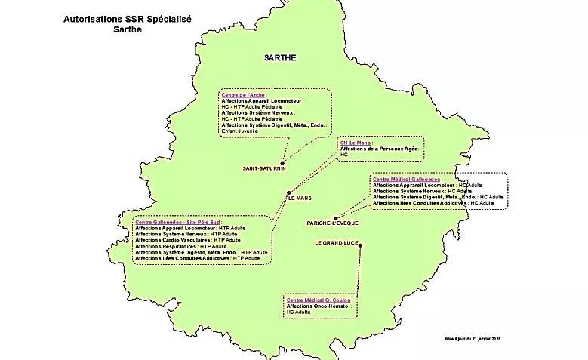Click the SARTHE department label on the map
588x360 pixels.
tap(280, 57)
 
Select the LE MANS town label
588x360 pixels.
tap(299, 198)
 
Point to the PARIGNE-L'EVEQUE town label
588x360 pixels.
tap(337, 224)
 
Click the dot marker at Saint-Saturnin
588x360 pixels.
tap(282, 162)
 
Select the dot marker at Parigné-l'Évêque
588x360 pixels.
tap(336, 217)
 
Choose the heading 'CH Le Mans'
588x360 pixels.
tap(356, 143)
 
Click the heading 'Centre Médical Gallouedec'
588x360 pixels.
tap(408, 180)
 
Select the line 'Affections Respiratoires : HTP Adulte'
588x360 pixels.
tap(181, 246)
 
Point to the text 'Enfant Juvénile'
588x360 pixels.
tap(240, 131)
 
